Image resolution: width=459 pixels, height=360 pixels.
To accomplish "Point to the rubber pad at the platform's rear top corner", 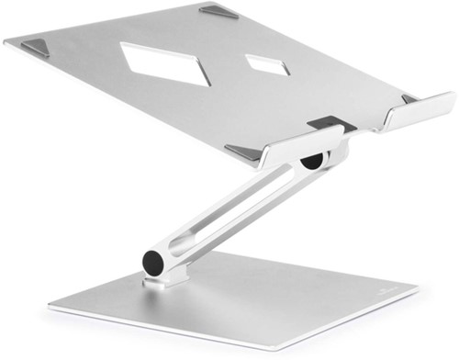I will coord(220,12).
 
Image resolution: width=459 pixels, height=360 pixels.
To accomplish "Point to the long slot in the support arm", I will coord(229,212).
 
